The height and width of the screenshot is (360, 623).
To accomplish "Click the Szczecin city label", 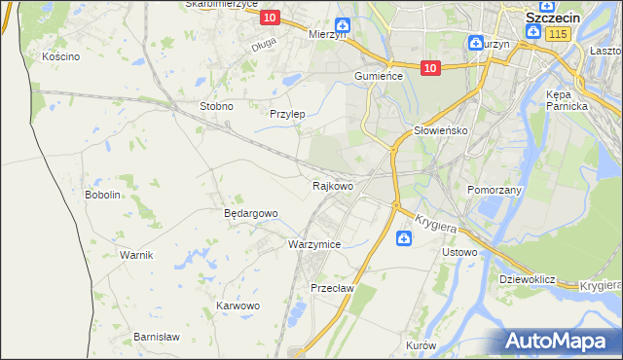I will tap(554, 18).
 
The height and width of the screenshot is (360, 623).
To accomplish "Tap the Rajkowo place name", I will tap(332, 185).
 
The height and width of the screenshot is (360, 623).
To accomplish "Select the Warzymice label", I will tap(314, 244).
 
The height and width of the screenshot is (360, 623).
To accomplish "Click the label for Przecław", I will tap(331, 288).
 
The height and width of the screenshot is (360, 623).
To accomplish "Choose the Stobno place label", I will tap(216, 106).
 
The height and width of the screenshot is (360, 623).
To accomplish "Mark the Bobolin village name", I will tap(102, 195).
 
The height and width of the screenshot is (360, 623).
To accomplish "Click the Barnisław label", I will tap(157, 337).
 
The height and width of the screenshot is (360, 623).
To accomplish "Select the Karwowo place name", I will tap(238, 306).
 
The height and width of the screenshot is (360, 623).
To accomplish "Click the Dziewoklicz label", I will tap(527, 279).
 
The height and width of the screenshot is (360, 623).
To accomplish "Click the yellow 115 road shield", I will tap(557, 34).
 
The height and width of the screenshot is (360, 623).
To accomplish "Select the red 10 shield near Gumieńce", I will tap(432, 67).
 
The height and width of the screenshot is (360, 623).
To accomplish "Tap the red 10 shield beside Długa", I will tap(271, 18).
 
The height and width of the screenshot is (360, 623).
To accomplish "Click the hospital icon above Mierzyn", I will tap(342, 25).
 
